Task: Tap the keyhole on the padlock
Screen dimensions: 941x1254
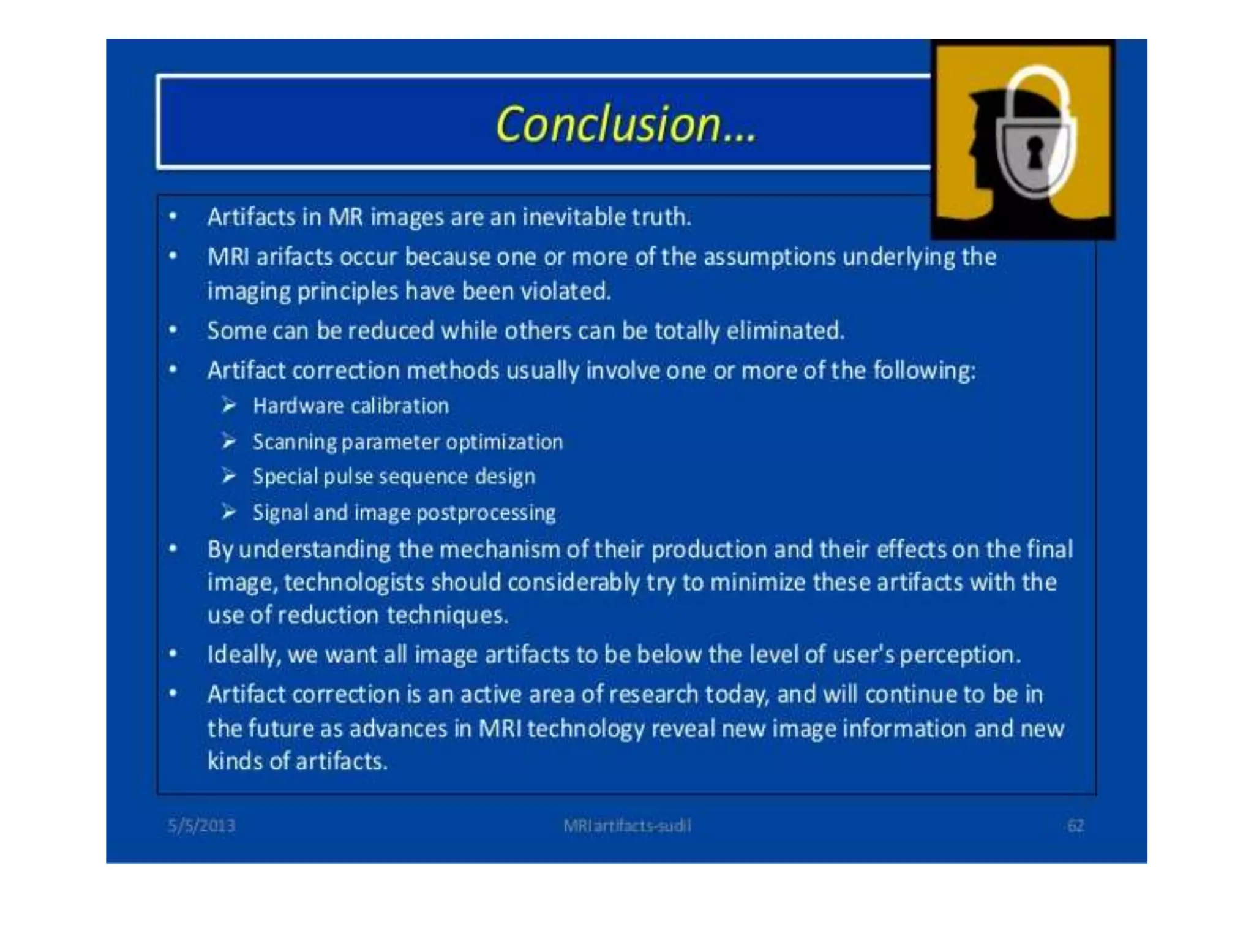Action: tap(1035, 153)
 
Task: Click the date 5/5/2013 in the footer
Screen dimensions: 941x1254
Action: tap(201, 826)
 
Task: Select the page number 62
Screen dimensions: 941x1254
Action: tap(1075, 826)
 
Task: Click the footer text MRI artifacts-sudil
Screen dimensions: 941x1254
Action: tap(627, 826)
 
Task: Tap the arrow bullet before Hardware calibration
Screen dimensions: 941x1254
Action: tap(229, 406)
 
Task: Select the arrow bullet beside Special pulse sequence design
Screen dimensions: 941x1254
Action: tap(229, 476)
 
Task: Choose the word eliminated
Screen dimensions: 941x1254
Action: tap(785, 331)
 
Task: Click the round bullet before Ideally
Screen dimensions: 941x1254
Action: tap(173, 654)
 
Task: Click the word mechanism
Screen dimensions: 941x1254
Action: tap(499, 550)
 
